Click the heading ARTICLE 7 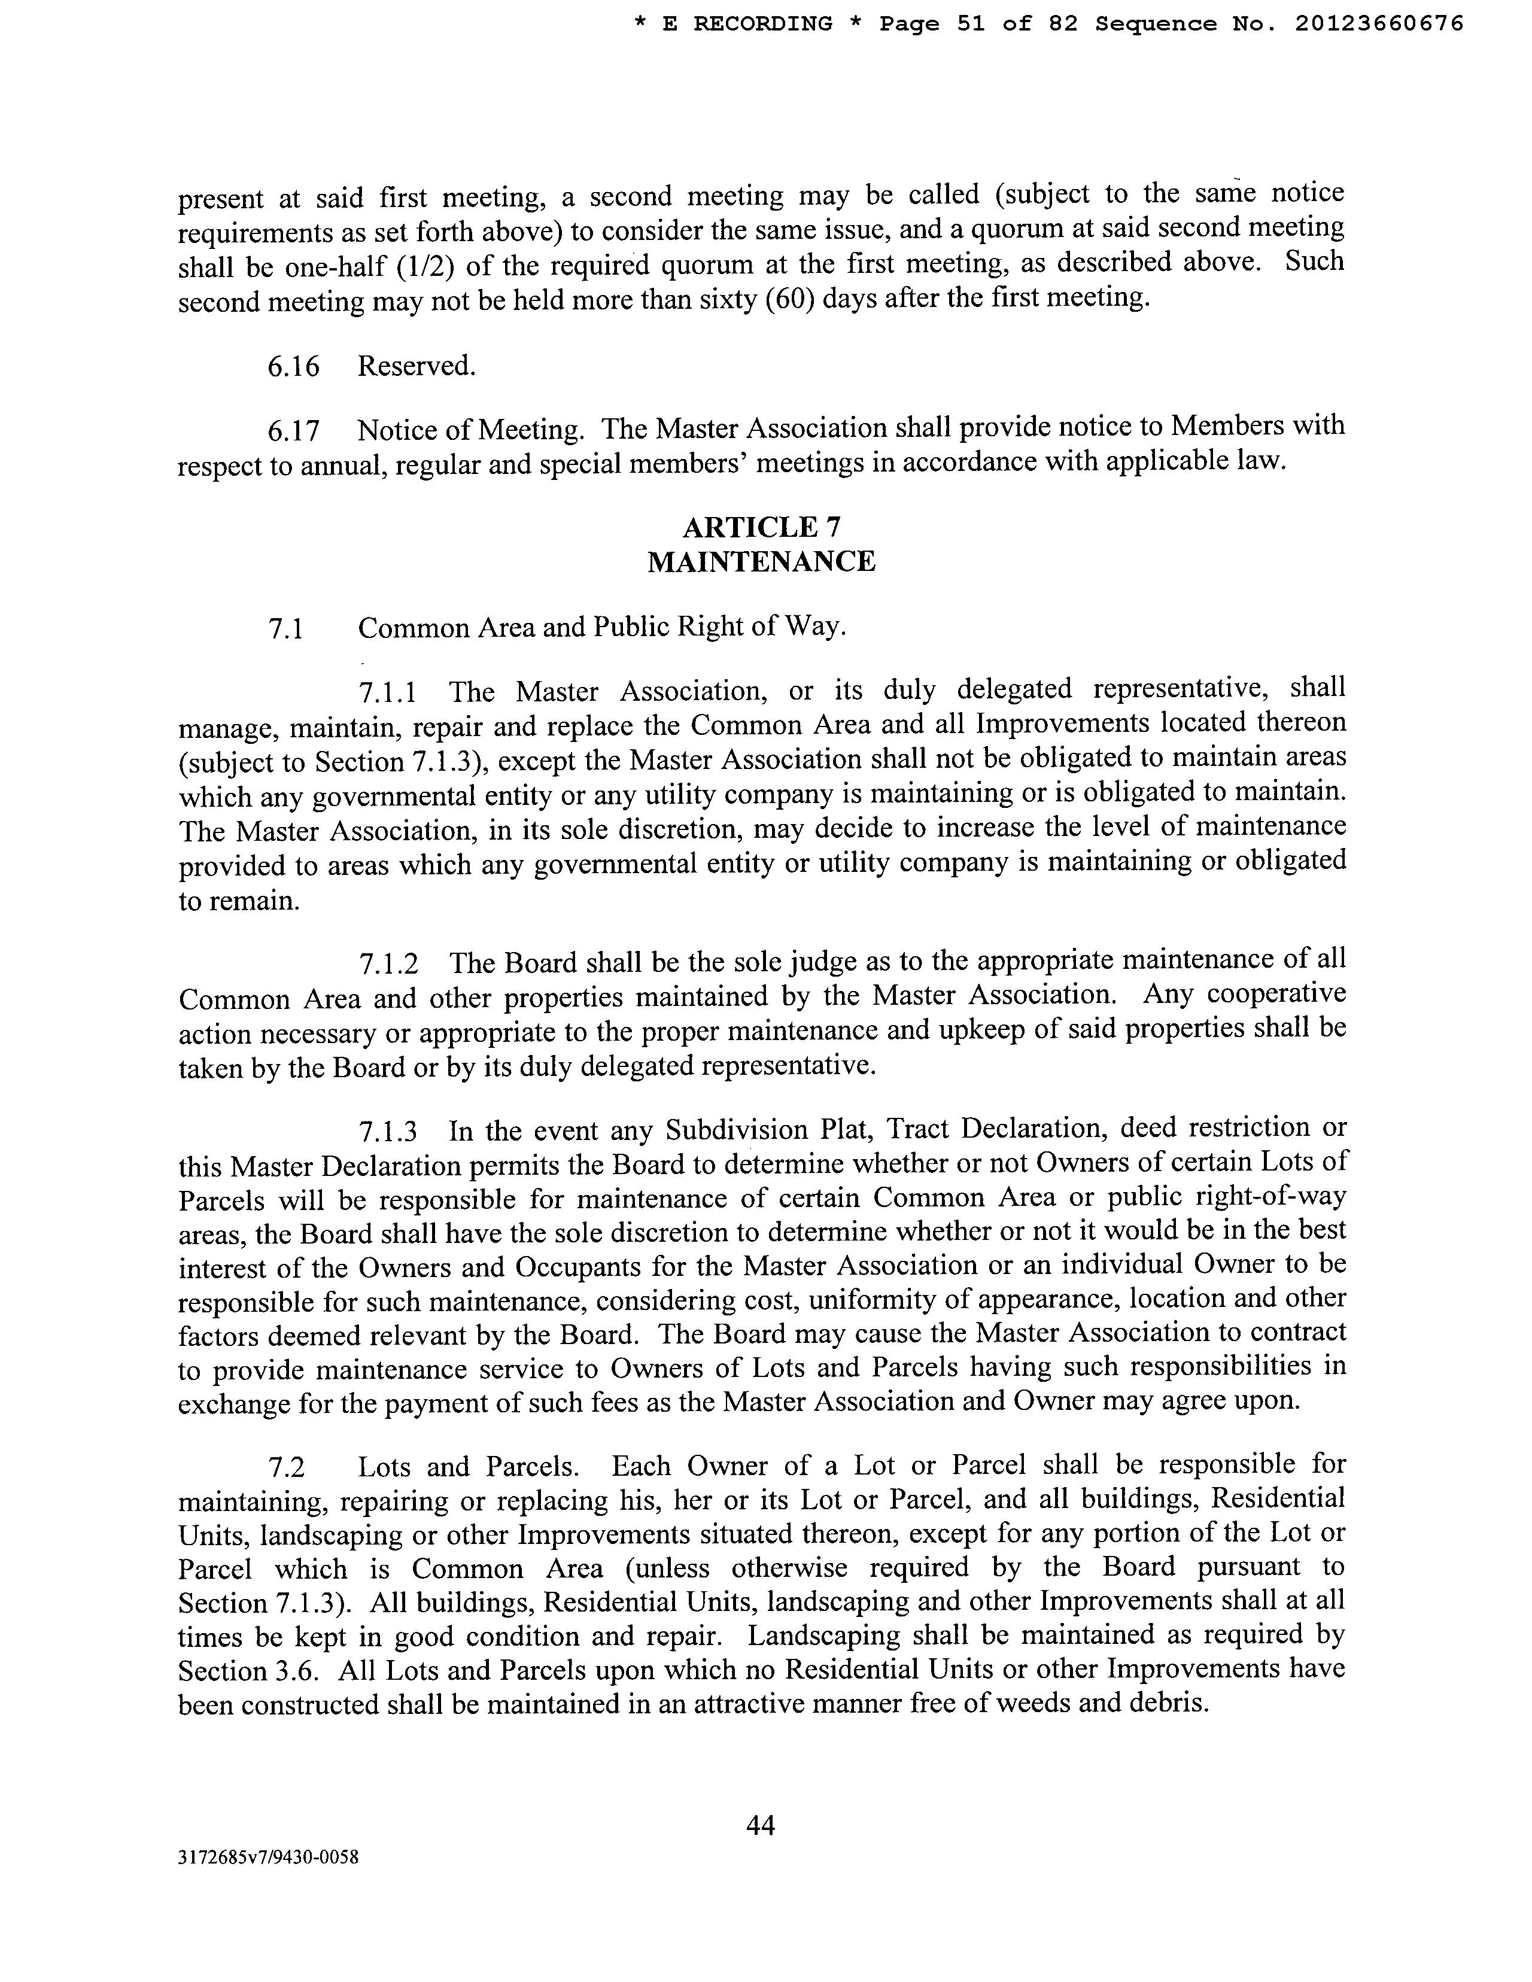click(761, 527)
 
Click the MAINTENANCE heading click(761, 562)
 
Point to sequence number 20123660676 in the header click(1379, 25)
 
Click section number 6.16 click(293, 367)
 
